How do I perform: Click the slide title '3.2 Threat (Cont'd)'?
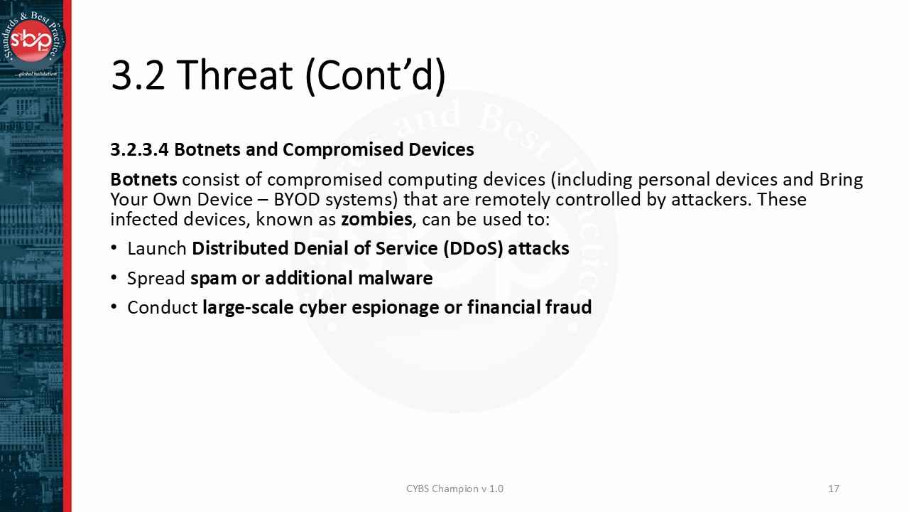[278, 75]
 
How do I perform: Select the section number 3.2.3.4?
[139, 150]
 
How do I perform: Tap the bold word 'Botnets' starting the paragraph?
[143, 180]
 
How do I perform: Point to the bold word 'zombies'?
[376, 219]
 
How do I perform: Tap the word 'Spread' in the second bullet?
[156, 279]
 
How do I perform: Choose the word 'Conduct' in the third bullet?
[162, 308]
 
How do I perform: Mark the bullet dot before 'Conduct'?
[114, 307]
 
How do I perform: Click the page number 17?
[834, 489]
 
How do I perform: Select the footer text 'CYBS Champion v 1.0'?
[454, 489]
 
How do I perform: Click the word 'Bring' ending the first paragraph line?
[841, 180]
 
